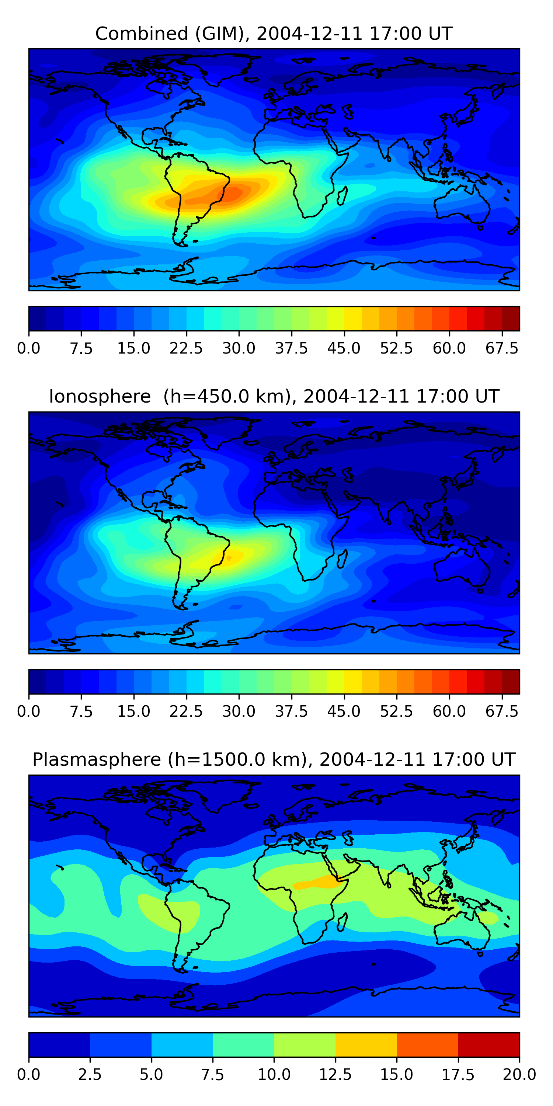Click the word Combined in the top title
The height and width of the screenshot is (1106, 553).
point(141,34)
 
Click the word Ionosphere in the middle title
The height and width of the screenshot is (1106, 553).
point(100,396)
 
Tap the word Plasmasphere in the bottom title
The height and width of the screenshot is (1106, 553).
point(96,759)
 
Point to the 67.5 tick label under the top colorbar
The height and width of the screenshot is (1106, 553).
point(501,348)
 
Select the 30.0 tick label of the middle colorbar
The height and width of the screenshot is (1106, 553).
point(239,712)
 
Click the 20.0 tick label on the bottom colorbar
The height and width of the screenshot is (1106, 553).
point(519,1075)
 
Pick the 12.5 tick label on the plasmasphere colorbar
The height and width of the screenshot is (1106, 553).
point(335,1075)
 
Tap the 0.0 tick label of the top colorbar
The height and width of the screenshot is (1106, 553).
point(29,348)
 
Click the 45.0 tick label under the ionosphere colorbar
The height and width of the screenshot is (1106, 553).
point(344,712)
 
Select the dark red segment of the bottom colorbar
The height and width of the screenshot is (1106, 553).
point(488,1044)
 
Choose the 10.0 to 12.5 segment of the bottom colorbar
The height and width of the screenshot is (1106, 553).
point(305,1044)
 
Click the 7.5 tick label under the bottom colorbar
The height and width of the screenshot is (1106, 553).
point(212,1075)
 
